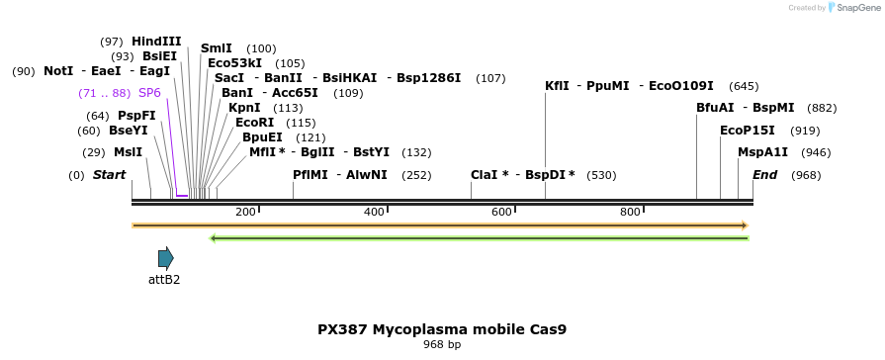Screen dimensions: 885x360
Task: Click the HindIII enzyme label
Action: click(156, 42)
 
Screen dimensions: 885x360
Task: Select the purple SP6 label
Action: click(149, 93)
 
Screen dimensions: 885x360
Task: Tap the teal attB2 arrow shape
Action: click(166, 258)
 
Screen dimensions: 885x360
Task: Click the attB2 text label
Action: click(164, 279)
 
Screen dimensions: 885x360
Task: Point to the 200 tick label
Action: click(245, 212)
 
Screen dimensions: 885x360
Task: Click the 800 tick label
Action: click(630, 212)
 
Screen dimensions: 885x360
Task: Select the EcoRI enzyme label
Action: click(254, 123)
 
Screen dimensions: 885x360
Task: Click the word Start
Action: click(110, 175)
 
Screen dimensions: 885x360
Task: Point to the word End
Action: click(764, 175)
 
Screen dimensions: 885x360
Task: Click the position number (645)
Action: click(744, 86)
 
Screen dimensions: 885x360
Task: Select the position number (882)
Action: click(823, 109)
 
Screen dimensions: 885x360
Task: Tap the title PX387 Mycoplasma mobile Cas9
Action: click(442, 329)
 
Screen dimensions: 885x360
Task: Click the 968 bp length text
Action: click(442, 344)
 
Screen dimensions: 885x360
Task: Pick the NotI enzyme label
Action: click(58, 71)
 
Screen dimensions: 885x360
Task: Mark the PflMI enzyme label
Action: click(310, 175)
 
